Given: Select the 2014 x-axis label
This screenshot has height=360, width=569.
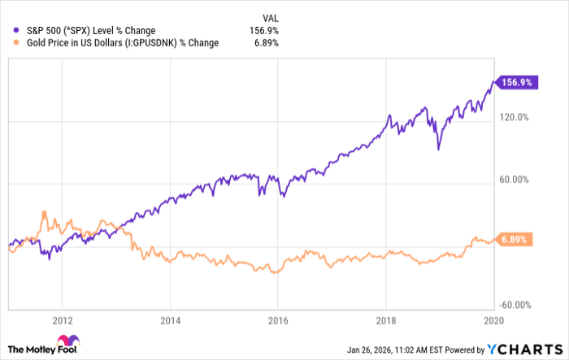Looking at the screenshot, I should (169, 319).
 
